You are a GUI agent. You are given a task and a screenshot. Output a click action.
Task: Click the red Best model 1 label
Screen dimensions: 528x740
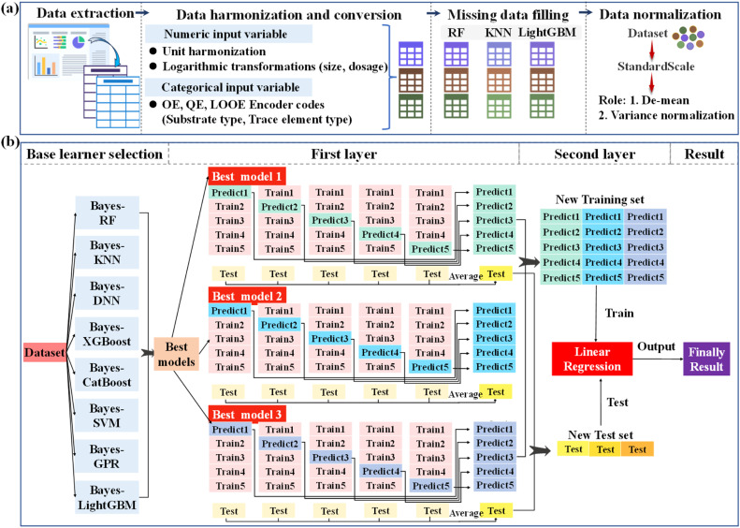(x=248, y=177)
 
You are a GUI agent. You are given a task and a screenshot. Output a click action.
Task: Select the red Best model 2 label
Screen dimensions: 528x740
(x=248, y=295)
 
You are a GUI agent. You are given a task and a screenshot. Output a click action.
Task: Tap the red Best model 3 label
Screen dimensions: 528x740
(x=248, y=413)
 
